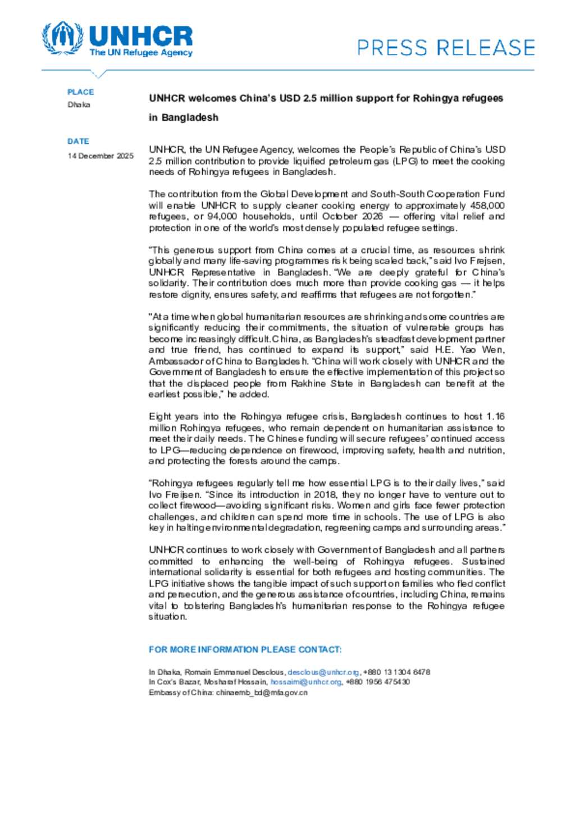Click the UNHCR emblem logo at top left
[62, 38]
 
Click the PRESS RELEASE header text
[446, 48]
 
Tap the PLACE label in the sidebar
[81, 92]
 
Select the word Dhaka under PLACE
[79, 105]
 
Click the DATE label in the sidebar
[79, 142]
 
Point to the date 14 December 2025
[101, 156]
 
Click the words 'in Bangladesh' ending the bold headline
[184, 118]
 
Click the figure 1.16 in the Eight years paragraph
[495, 417]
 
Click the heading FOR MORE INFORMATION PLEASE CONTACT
[245, 650]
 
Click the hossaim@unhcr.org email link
[306, 683]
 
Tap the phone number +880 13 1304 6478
[397, 672]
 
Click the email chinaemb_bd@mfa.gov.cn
[262, 693]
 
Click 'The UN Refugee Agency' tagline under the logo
[141, 53]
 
